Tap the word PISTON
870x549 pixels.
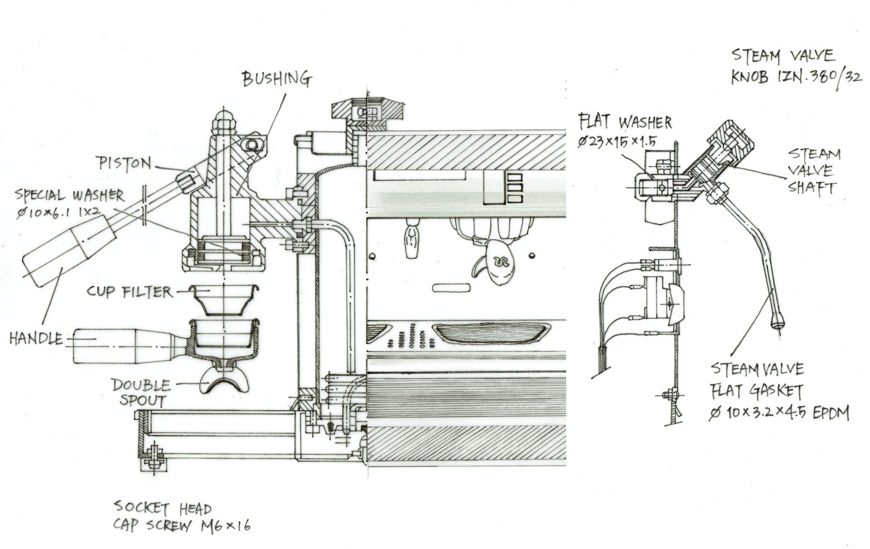tap(123, 162)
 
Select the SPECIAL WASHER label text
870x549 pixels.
tap(70, 195)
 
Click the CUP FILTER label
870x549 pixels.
tap(130, 292)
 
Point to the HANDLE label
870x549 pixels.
tap(36, 338)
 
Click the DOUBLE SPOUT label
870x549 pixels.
tap(141, 393)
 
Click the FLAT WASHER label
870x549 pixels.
tap(625, 122)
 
